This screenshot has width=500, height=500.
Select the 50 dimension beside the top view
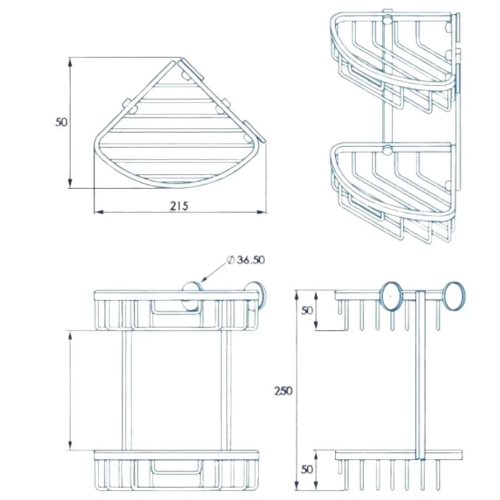[x=61, y=122]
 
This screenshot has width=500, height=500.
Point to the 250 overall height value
[x=282, y=391]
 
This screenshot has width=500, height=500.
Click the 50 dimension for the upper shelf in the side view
[x=306, y=311]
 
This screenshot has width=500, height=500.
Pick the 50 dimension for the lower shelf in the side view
[x=306, y=469]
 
